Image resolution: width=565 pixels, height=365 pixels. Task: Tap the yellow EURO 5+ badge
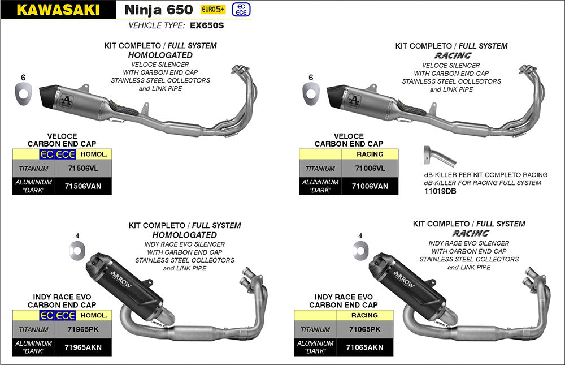[213, 10]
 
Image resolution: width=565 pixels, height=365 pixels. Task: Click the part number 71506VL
[83, 168]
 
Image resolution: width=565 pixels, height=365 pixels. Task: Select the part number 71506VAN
[83, 186]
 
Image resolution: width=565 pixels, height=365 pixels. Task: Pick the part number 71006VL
[370, 169]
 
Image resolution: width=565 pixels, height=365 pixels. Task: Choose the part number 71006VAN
[370, 186]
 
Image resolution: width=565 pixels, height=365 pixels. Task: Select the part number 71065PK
[364, 329]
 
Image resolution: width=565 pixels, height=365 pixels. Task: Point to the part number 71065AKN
[364, 347]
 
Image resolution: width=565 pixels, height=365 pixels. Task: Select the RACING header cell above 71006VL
[370, 154]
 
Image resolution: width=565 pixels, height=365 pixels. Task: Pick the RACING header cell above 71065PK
[364, 315]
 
